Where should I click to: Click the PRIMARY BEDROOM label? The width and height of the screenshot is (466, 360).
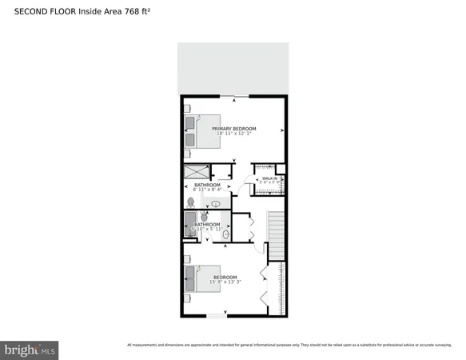(233, 129)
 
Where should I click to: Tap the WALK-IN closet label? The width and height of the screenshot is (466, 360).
(269, 178)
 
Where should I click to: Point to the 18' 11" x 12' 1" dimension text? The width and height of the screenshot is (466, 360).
(233, 134)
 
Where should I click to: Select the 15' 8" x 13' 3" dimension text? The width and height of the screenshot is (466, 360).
(225, 282)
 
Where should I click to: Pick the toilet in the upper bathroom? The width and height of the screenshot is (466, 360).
(190, 204)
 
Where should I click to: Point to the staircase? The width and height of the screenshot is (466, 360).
(275, 236)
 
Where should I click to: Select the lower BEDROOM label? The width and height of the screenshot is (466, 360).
(225, 277)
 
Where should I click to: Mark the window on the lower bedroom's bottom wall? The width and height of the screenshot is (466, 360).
(217, 317)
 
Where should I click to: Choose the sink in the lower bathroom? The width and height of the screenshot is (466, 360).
(225, 234)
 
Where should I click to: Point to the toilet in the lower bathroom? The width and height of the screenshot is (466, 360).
(205, 217)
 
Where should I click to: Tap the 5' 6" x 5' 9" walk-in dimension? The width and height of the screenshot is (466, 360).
(269, 183)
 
